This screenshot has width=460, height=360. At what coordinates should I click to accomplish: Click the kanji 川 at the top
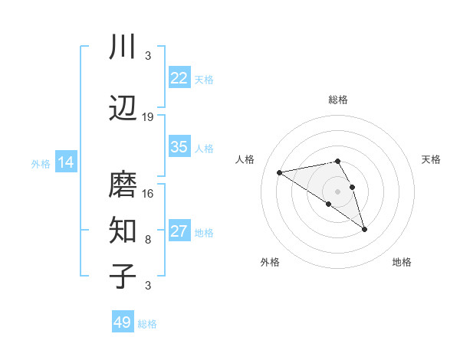coord(123,48)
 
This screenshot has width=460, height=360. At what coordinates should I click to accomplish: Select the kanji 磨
coord(123,185)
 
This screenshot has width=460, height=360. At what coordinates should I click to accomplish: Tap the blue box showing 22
coord(179,78)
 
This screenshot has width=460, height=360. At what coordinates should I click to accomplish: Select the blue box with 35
coord(179,147)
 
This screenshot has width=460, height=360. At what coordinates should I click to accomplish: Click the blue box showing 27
coord(179,231)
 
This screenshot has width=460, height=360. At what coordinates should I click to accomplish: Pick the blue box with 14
coord(66,162)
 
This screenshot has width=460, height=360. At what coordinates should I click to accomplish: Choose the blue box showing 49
coord(123,322)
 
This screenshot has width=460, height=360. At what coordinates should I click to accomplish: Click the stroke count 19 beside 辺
coord(148,117)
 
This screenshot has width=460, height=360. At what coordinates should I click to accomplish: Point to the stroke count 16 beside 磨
coord(148,193)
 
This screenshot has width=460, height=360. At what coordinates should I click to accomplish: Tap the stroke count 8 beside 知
coord(148,239)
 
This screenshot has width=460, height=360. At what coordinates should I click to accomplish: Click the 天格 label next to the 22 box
coord(204,79)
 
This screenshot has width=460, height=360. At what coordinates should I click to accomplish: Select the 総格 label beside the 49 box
coord(147,324)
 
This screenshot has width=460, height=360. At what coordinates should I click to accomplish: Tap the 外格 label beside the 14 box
coord(41,163)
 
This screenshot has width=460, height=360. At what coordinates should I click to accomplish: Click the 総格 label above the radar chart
coord(337,100)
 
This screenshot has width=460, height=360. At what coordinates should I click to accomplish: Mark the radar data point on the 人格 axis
coord(279,172)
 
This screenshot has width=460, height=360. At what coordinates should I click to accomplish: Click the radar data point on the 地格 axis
coord(365,229)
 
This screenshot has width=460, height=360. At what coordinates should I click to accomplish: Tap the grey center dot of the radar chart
coord(337,191)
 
